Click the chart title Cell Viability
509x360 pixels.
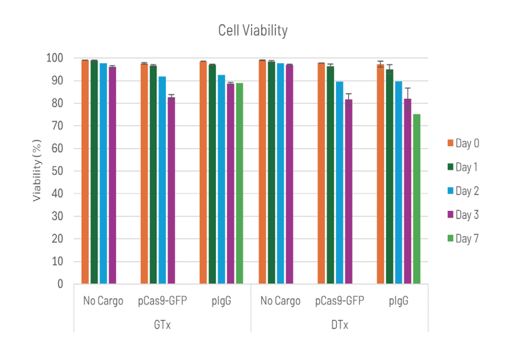pos(253,31)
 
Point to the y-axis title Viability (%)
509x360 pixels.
pos(37,171)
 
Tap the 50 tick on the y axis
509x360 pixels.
pos(58,171)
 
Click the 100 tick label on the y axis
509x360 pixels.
pos(55,58)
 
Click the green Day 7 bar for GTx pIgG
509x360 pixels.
pos(239,183)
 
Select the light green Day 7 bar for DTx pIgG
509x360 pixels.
pos(416,199)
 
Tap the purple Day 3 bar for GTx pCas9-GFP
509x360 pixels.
pos(171,191)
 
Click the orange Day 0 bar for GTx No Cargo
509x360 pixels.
pos(85,172)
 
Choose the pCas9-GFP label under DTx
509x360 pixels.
pos(339,301)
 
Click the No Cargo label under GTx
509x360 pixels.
pos(103,301)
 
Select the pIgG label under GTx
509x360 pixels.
pos(221,301)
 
